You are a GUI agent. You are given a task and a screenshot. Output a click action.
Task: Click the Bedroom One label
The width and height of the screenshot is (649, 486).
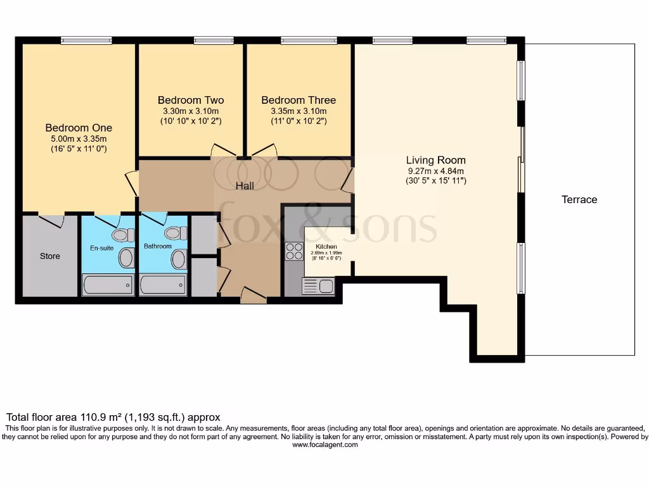[x=79, y=128]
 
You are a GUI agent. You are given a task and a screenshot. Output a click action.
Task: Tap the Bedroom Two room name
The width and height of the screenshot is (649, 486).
[x=191, y=100]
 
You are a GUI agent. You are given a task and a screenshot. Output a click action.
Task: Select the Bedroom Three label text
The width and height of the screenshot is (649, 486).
[x=299, y=100]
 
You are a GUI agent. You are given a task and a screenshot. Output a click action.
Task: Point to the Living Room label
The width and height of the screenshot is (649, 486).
[x=436, y=160]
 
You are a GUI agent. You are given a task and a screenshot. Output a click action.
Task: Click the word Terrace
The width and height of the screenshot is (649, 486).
[x=579, y=199]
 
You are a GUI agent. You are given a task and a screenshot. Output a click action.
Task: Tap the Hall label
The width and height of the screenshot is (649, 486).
[x=245, y=186]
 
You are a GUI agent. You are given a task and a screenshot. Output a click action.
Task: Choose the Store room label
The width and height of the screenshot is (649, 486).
[x=50, y=256]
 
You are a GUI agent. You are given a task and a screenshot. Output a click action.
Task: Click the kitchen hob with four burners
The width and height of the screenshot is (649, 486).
[x=294, y=251]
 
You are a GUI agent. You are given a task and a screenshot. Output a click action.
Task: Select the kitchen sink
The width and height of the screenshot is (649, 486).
[x=318, y=286]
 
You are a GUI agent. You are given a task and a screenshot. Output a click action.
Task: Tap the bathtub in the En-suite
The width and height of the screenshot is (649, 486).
[x=108, y=285]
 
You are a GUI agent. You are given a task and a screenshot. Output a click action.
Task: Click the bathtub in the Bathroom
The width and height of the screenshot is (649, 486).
[x=163, y=285]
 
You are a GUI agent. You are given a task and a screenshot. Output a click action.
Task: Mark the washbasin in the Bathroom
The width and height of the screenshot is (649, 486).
[x=179, y=258]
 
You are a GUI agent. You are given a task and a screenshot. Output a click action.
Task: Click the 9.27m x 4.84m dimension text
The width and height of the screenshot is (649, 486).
[x=435, y=171]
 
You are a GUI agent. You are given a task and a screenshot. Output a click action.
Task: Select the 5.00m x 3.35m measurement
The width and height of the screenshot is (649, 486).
[x=79, y=139]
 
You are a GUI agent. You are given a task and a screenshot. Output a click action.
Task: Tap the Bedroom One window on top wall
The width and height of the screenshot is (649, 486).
[x=86, y=41]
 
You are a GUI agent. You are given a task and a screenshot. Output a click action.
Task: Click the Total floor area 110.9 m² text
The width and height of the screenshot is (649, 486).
[x=113, y=417]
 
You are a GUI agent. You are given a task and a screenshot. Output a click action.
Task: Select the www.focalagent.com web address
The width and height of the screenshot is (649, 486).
[x=324, y=445]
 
